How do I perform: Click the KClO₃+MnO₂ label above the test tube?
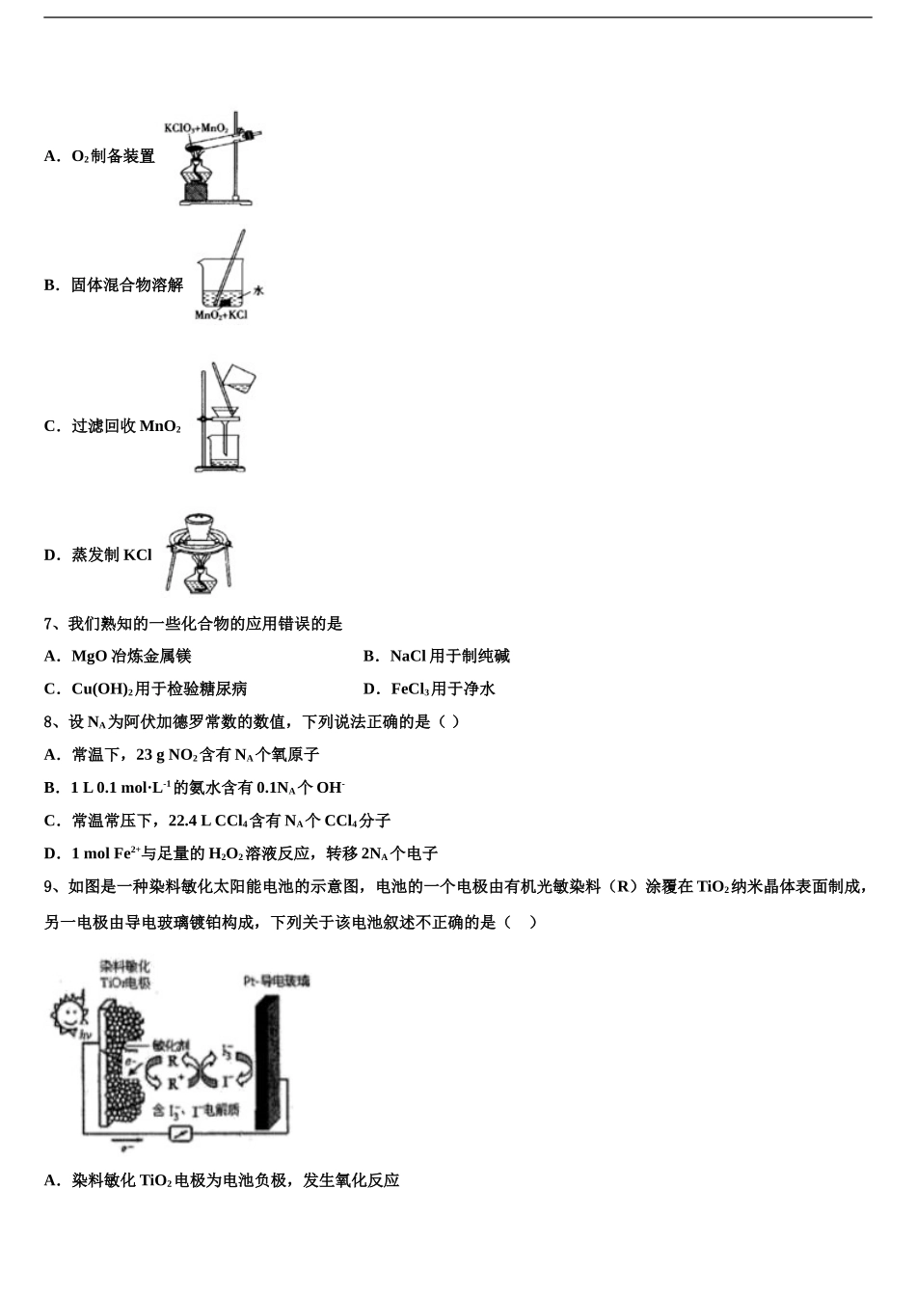tap(196, 128)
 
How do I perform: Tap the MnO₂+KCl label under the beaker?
tap(221, 314)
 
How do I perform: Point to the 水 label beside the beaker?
tap(257, 289)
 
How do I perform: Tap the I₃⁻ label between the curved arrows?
tap(228, 1049)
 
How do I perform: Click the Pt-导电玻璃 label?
tap(276, 981)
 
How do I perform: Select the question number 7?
tap(48, 624)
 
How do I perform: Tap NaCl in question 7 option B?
tap(407, 657)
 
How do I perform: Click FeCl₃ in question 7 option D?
tap(409, 689)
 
